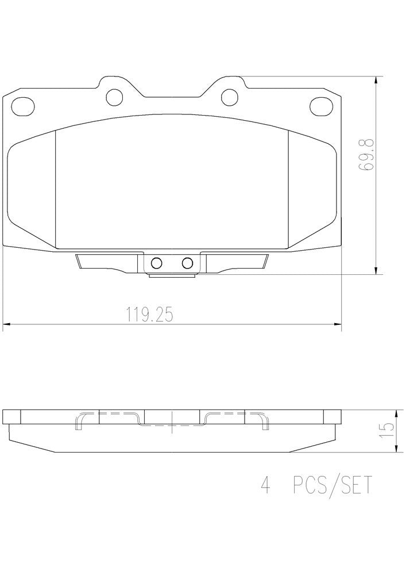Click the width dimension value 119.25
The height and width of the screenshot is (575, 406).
tap(149, 315)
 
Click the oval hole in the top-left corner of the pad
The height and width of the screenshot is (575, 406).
tap(23, 106)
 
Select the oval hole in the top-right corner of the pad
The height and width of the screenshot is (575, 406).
tap(321, 106)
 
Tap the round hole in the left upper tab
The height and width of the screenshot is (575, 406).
tap(116, 95)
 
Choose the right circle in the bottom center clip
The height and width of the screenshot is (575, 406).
tap(187, 263)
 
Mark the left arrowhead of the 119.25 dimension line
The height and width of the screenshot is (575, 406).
tap(7, 326)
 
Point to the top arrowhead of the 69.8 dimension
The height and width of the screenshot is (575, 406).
tap(376, 80)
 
